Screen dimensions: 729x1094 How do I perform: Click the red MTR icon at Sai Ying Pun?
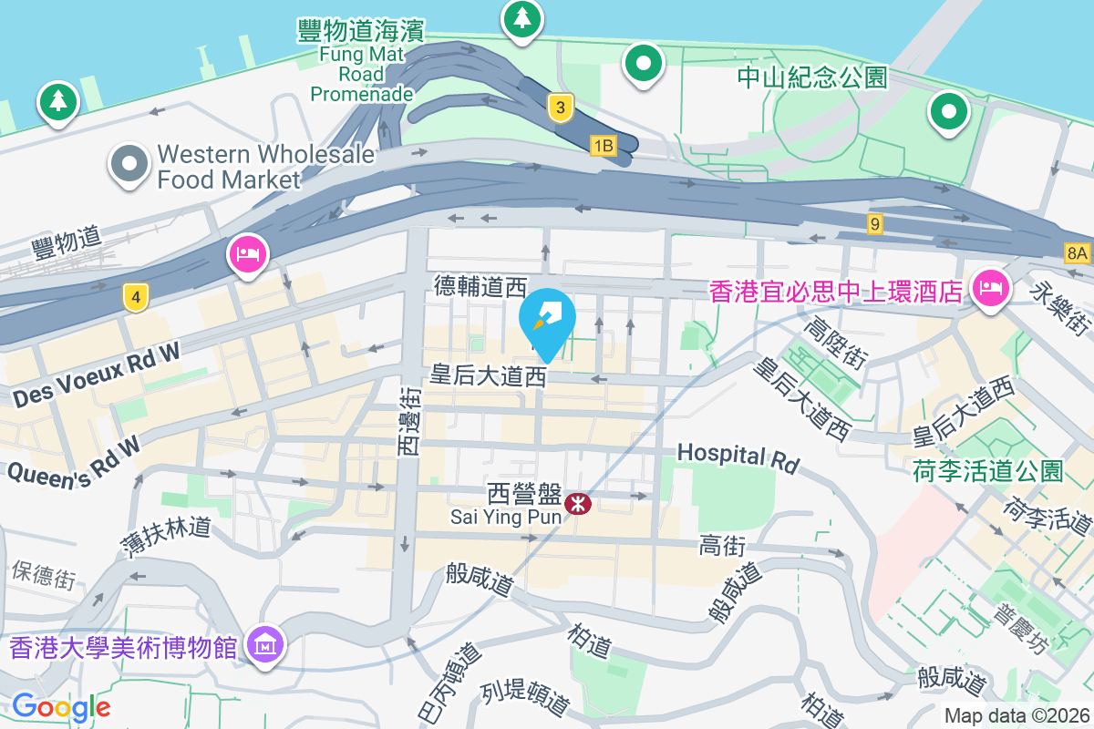pos(577,503)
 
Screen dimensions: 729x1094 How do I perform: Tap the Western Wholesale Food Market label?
pos(265,167)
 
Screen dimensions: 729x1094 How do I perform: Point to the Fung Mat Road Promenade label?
pos(362,62)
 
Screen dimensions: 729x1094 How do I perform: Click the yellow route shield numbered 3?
pos(561,108)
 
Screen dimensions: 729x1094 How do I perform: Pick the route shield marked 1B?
pos(604,145)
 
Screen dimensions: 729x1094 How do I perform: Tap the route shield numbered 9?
pos(875,222)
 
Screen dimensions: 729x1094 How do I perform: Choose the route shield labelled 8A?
pos(1077,253)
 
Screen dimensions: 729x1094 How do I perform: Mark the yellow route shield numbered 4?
pos(135,297)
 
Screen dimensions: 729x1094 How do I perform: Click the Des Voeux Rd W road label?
pos(98,374)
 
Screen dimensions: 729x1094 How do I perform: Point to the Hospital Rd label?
pos(737,456)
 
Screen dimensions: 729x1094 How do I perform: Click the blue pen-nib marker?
pos(547,318)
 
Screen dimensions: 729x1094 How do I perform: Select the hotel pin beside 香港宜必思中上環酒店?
pos(989,290)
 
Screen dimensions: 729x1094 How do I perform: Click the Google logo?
pos(61,707)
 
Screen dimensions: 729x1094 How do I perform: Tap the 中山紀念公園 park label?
pos(811,77)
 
